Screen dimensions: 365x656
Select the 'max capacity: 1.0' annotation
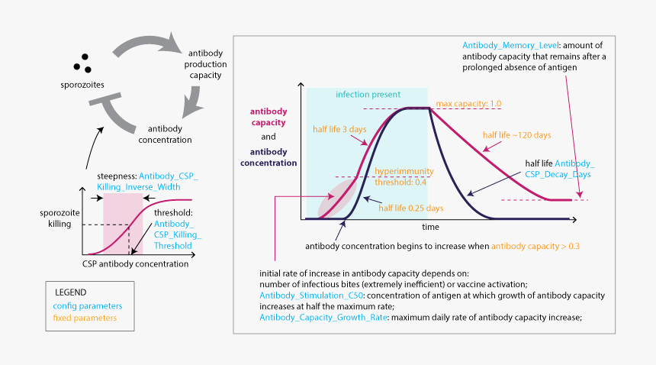pos(462,103)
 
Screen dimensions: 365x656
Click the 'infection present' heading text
pos(368,95)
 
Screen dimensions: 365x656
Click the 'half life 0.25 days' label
pos(411,208)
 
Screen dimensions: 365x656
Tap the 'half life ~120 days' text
pos(516,135)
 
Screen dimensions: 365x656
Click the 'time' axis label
pos(432,228)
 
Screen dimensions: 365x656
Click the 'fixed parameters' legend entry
pos(85,318)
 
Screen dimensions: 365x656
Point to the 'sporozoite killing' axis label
pos(58,218)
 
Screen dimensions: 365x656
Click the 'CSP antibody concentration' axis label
pos(136,264)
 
